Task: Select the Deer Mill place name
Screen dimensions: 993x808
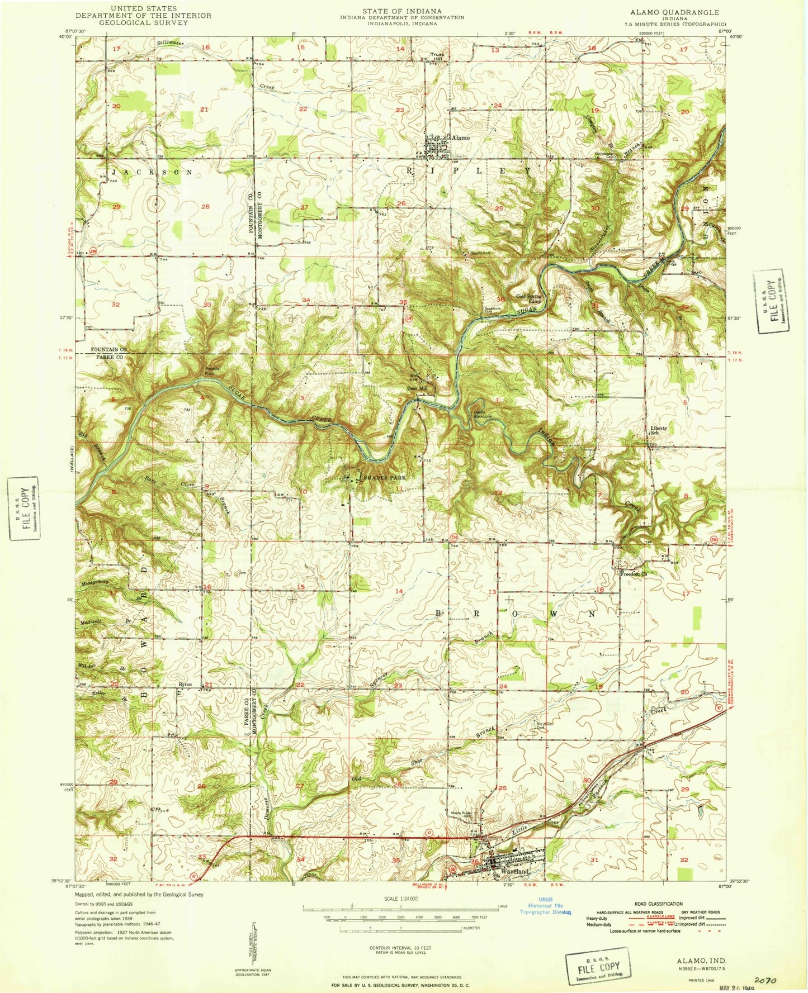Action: tap(417, 388)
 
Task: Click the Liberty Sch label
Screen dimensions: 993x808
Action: tap(658, 431)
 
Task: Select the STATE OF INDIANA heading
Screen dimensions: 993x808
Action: tap(401, 11)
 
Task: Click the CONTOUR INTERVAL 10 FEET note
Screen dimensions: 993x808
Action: tap(401, 948)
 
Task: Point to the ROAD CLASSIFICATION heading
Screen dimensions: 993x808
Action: tap(658, 904)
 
